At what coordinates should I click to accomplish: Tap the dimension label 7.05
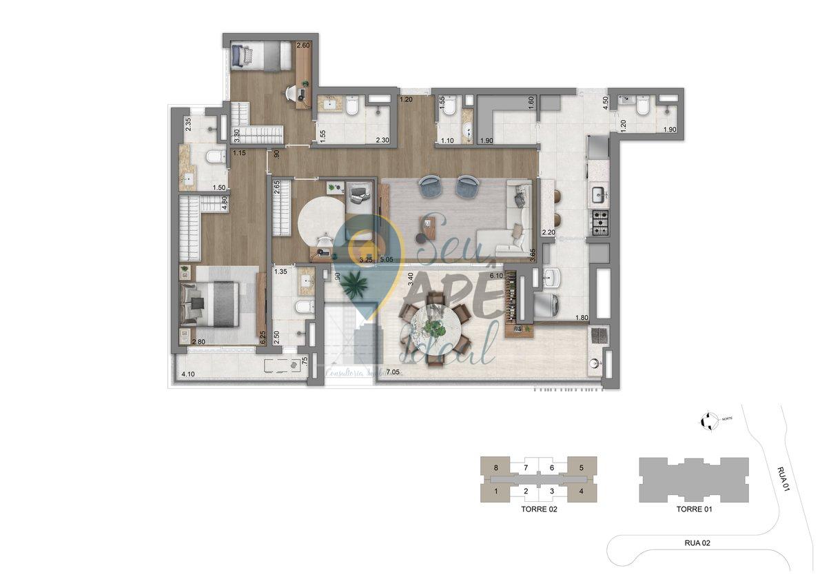tap(393, 373)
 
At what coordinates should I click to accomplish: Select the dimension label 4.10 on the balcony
tap(187, 374)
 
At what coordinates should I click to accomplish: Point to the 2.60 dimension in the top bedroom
tap(302, 45)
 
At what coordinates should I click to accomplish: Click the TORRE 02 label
tap(539, 511)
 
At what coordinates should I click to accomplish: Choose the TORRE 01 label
tap(693, 511)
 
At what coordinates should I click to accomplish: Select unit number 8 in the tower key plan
tap(496, 468)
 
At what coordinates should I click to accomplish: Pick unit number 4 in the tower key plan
tap(582, 491)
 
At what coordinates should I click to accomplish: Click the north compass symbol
tap(706, 420)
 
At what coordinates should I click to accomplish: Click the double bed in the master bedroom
tap(209, 304)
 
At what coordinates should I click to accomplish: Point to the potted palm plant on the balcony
tap(357, 283)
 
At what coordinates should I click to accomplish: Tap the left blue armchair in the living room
tap(431, 186)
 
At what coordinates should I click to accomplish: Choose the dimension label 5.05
tap(387, 260)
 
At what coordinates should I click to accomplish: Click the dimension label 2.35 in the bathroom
tap(187, 124)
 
